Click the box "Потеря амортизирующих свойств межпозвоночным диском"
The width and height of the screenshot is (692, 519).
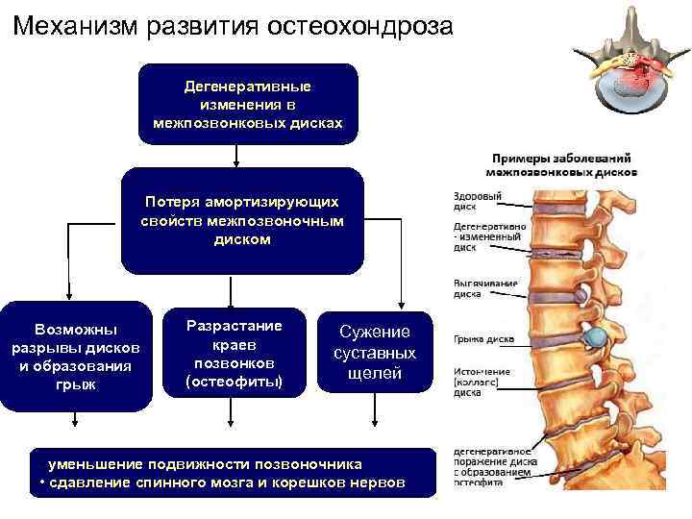[x=242, y=221]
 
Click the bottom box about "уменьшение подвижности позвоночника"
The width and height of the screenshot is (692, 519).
[x=220, y=471]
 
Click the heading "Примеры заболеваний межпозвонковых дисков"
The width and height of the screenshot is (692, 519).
[x=563, y=164]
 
